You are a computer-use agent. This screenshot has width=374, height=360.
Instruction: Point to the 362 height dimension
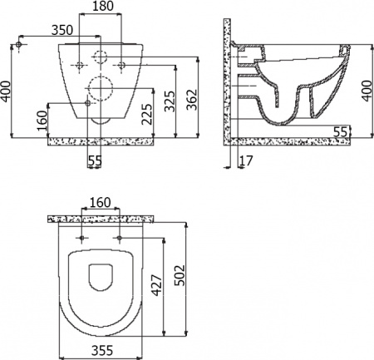point(189,101)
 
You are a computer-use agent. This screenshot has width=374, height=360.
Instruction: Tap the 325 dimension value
point(170,102)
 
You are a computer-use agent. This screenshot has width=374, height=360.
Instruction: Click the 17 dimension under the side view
point(243,161)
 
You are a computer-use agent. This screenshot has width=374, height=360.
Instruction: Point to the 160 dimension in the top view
point(101,200)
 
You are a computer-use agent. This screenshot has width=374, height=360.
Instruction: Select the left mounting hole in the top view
point(81,239)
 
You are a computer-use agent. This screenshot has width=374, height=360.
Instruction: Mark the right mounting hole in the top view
point(121,239)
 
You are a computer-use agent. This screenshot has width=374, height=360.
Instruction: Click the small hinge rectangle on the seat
point(101,268)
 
